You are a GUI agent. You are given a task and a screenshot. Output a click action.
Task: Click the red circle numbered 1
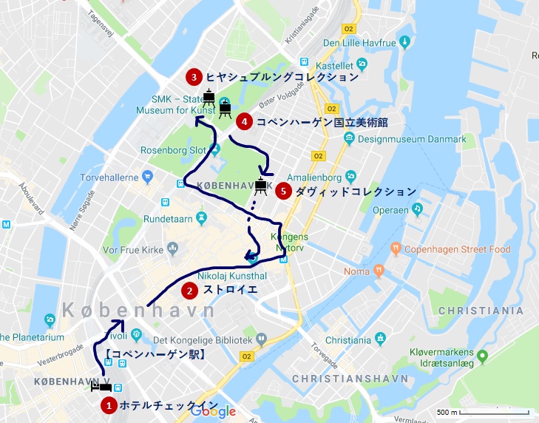[x=109, y=405]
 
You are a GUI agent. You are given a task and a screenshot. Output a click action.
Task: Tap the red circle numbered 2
[x=190, y=289]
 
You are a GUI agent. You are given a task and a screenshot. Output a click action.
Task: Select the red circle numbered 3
[x=193, y=77]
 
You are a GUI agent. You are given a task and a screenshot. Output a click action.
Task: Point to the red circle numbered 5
[x=282, y=191]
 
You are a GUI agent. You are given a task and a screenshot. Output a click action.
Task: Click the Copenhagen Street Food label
[x=457, y=249]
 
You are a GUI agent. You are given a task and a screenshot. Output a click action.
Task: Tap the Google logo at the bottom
[x=213, y=412]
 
